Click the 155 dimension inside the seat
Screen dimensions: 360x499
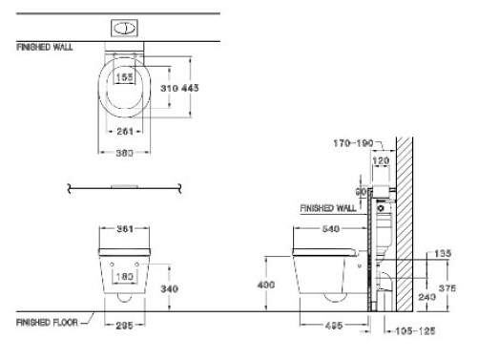pos(125,77)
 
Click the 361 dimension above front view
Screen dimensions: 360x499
pos(125,229)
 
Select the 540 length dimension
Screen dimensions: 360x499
pos(332,229)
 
